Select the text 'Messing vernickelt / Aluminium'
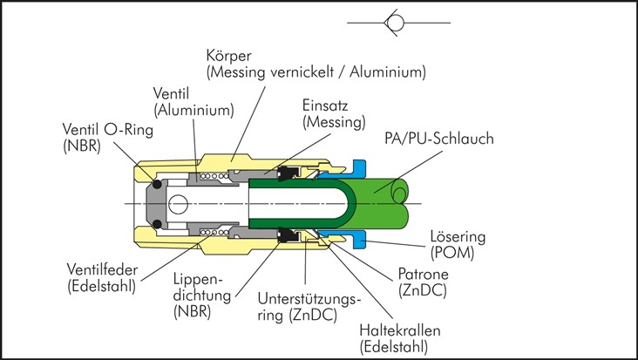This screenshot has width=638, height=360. pos(316,72)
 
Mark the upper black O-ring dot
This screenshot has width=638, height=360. pos(155,184)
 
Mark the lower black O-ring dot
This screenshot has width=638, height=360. pos(155,225)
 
